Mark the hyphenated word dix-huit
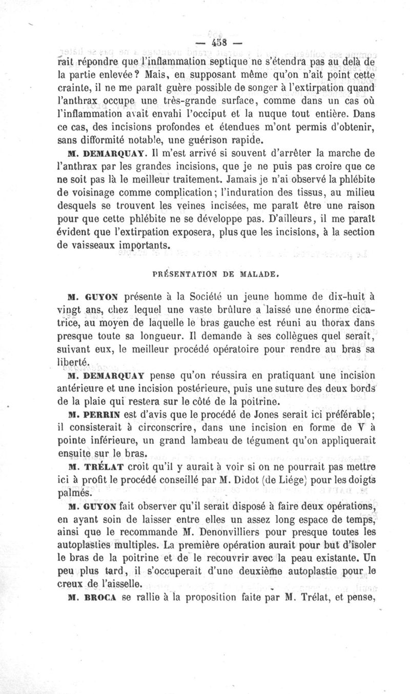[x=352, y=296]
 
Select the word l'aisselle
[x=120, y=584]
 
